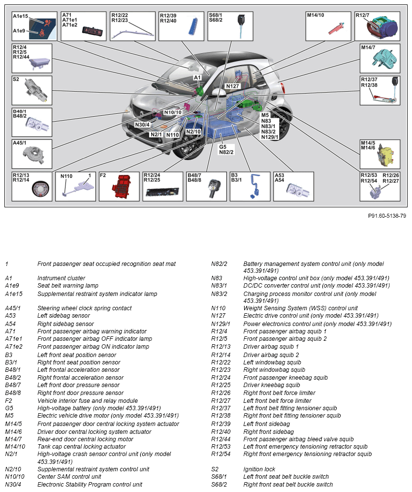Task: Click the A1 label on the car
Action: click(x=197, y=78)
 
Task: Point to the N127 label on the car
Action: click(x=232, y=86)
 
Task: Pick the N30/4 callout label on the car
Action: click(x=142, y=125)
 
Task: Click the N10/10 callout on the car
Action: click(x=173, y=112)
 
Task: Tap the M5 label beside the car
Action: click(x=265, y=115)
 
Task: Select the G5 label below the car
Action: click(x=223, y=147)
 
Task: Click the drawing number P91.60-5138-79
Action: click(x=386, y=216)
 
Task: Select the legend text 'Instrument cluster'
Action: click(x=61, y=278)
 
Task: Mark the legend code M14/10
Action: click(x=15, y=446)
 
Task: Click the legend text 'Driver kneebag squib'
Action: click(x=272, y=385)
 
